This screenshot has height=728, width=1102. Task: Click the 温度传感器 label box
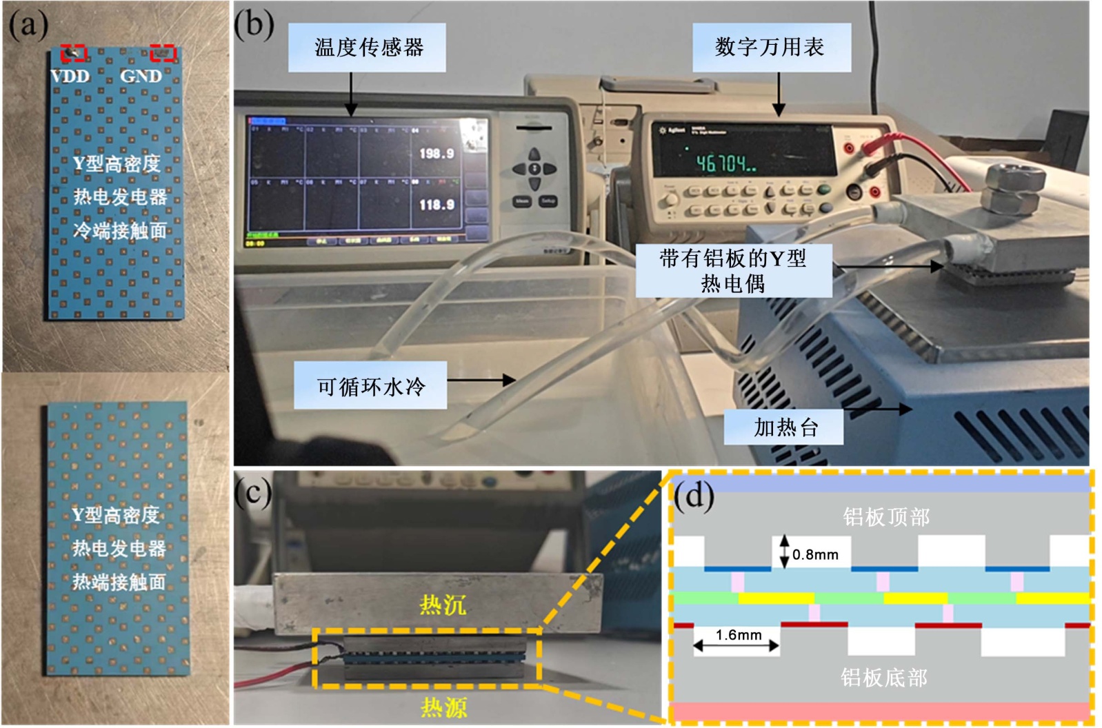coord(366,48)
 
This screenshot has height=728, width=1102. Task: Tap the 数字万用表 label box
coord(771,48)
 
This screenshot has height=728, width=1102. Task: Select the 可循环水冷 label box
coord(370,386)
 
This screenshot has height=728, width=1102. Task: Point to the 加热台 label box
coord(784,427)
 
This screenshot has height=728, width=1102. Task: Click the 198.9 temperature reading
coord(437,153)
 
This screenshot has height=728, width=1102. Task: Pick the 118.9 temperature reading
coord(437,205)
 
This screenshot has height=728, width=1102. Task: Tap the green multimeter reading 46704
coord(725,163)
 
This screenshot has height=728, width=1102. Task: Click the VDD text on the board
coord(71,76)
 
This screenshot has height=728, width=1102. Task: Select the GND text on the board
coord(141,76)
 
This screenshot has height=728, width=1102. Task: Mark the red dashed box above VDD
coord(73,52)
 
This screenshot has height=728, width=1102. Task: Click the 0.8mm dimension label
coord(815,554)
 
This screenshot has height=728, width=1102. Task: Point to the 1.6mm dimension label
coord(739,635)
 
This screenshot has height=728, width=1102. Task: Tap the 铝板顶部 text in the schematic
coord(886,517)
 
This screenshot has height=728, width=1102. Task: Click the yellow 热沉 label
coord(443,605)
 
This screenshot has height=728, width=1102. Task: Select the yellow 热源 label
coord(444,707)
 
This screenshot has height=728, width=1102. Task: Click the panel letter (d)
coord(694,496)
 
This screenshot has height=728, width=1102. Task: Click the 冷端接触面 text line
coord(120,230)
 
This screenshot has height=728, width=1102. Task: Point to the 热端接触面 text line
coord(119,582)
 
